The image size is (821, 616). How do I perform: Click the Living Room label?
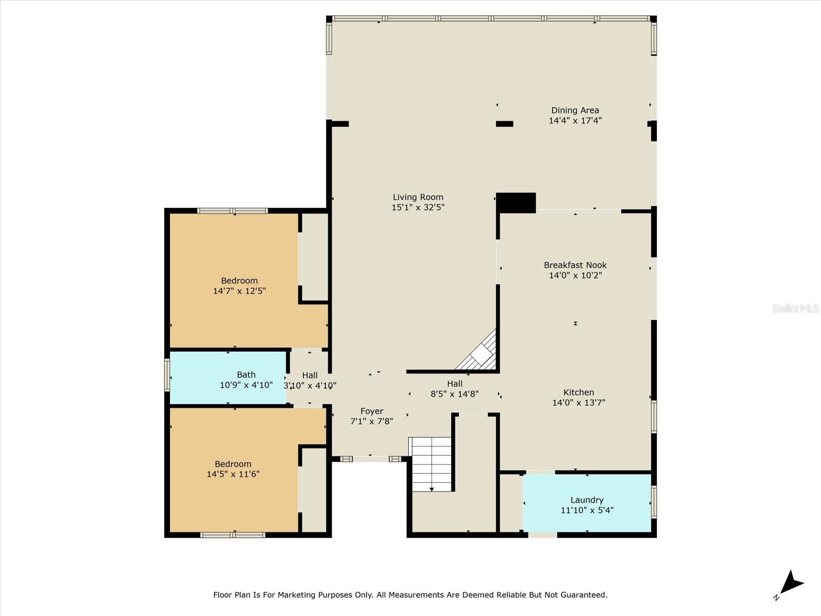418,197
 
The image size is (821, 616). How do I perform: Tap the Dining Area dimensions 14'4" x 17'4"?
575,121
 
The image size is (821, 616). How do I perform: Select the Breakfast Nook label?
575,265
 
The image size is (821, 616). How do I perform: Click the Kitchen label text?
578,392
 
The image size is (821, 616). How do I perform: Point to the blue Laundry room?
587,503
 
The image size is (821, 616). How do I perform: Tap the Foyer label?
372,411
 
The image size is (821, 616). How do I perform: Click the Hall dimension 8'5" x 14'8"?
454,394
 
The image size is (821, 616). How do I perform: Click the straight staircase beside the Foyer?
431,464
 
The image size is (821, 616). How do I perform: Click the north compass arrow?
791,584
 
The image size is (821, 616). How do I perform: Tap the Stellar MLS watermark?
795,308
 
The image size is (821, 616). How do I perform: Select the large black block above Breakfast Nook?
516,203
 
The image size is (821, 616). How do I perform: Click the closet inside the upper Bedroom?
314,257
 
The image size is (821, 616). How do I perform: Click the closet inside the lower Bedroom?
314,490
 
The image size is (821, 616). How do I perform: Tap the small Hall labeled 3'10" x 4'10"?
309,380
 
